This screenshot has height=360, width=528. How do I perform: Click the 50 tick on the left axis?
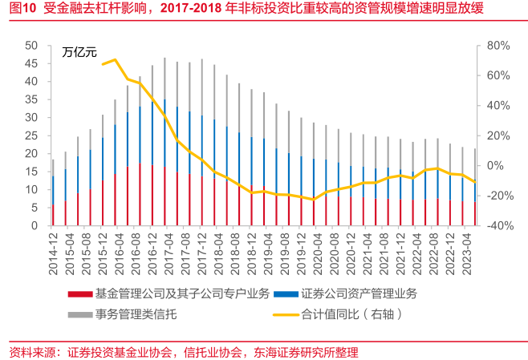(32, 45)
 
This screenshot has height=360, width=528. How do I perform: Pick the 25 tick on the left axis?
(32, 136)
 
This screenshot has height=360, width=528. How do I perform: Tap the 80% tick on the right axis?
(495, 45)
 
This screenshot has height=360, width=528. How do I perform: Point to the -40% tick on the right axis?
(493, 226)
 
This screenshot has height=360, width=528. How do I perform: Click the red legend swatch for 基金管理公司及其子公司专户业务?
(80, 293)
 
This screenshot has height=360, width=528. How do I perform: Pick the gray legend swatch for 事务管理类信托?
(80, 314)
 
